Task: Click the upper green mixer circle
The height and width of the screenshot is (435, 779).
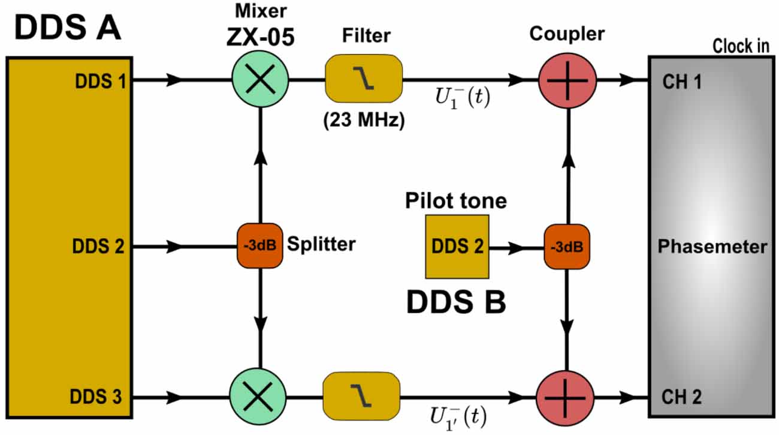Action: tap(260, 79)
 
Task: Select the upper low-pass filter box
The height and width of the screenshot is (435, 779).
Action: tap(364, 79)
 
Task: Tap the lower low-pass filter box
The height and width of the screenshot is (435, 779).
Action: tap(361, 397)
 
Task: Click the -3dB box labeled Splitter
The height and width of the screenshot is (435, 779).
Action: tap(259, 246)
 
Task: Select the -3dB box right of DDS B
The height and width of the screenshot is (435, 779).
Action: tap(567, 247)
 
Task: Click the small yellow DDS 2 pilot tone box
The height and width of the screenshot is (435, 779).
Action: tap(457, 247)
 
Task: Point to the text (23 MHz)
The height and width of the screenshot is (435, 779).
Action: tap(364, 119)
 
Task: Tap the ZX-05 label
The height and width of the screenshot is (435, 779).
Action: tap(260, 37)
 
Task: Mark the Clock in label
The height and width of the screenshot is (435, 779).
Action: tap(741, 46)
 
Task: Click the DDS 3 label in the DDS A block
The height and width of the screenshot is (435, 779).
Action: tap(97, 397)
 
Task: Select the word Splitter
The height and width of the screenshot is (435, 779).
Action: tap(321, 245)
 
